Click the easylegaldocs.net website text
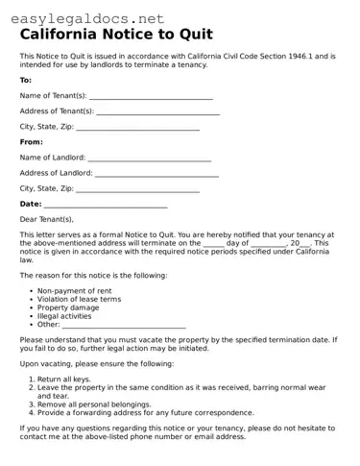click(84, 18)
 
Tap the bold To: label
click(26, 80)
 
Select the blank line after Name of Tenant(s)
click(151, 96)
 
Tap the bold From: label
click(32, 141)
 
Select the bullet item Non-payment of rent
click(74, 290)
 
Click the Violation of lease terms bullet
click(79, 299)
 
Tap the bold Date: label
click(31, 204)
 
